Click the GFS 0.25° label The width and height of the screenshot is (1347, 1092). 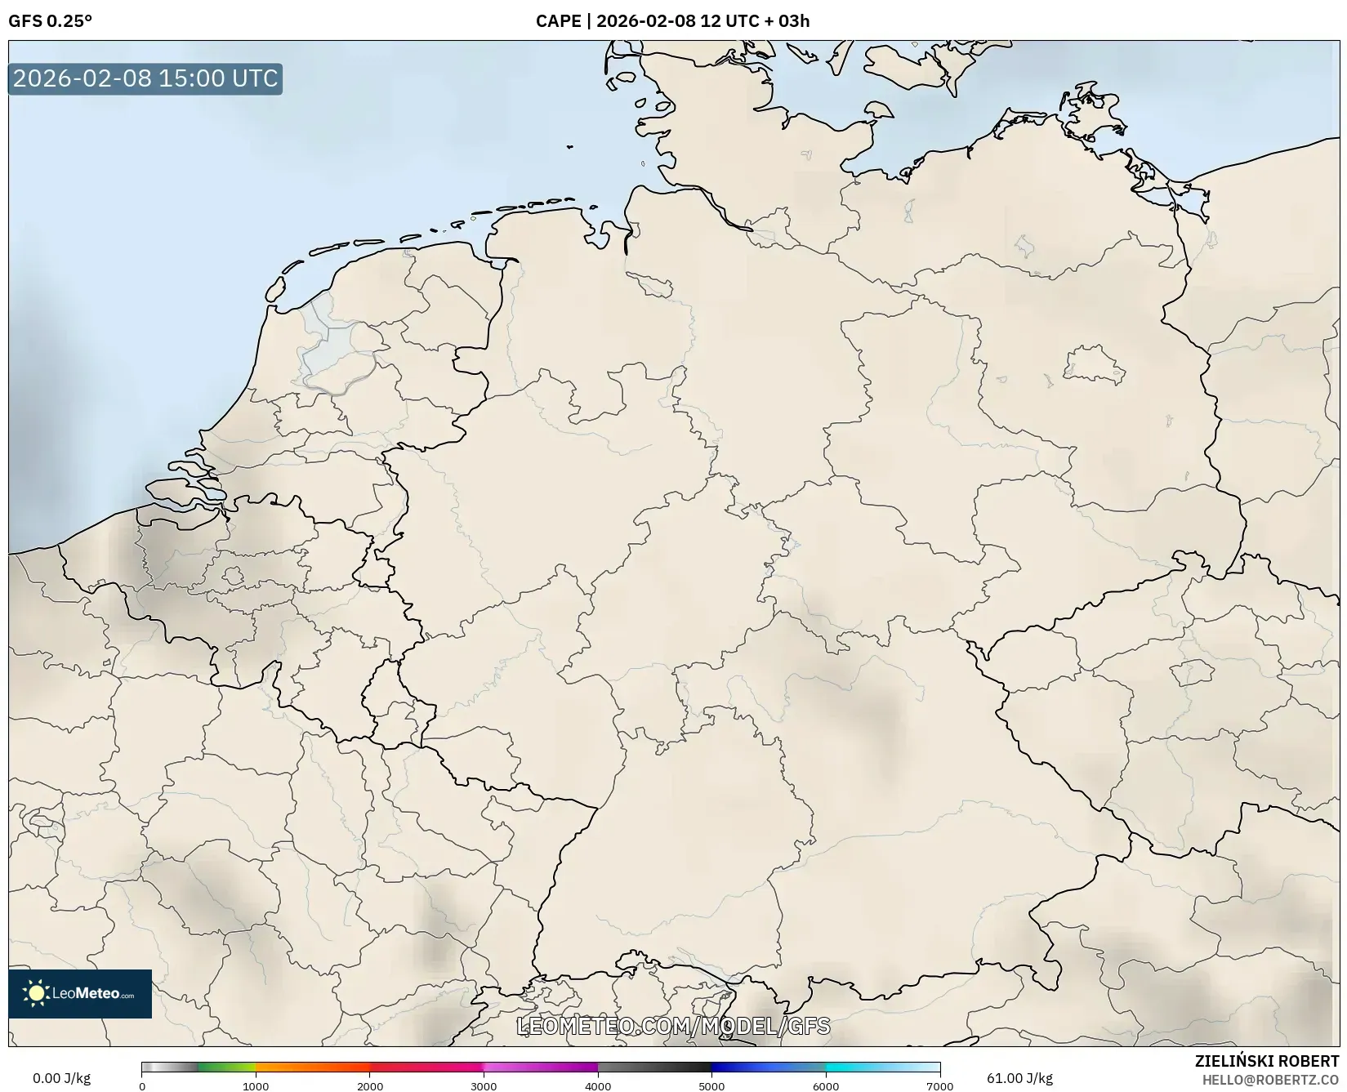coord(50,21)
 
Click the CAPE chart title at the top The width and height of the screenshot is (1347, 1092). coord(672,21)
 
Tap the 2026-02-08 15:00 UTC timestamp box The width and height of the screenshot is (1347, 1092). coord(145,78)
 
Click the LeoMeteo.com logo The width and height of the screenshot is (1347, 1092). coord(80,993)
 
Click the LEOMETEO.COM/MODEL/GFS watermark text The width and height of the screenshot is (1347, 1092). coord(673,1026)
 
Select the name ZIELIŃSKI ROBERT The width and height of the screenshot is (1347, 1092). coord(1267,1061)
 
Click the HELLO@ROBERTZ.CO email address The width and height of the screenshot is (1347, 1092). coord(1270,1080)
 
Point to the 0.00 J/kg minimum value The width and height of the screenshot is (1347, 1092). coord(61,1078)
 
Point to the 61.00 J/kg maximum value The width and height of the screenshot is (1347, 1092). coord(1019,1078)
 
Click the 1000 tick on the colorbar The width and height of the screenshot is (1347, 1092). coord(256,1085)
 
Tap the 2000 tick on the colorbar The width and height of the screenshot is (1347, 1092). coord(370,1085)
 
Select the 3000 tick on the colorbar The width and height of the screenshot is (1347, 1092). coord(484,1085)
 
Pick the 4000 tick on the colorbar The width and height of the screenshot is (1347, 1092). coord(598,1085)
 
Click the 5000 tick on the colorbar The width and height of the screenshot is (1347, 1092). coord(711,1085)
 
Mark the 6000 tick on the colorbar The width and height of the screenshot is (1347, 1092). coord(826,1085)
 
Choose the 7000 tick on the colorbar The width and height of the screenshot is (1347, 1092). coord(939,1085)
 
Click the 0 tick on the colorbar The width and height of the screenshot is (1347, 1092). coord(142,1085)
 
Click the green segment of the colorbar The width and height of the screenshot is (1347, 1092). coord(225,1067)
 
